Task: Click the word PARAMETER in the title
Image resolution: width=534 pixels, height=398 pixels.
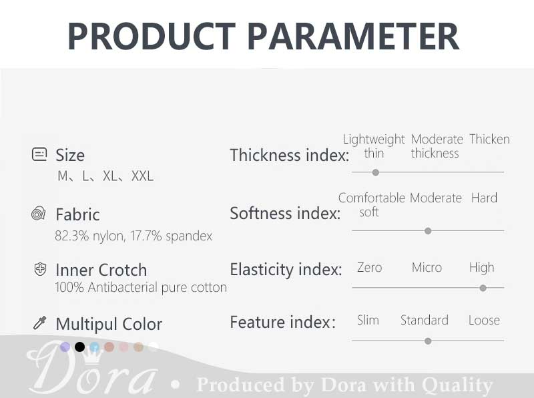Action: click(x=353, y=36)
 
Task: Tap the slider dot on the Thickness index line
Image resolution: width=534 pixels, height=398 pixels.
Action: click(x=376, y=172)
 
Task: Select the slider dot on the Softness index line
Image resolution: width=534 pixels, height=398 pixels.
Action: click(x=428, y=231)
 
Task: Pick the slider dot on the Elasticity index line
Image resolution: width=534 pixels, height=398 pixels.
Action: click(x=483, y=288)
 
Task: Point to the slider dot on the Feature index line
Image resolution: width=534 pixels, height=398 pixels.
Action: click(x=428, y=341)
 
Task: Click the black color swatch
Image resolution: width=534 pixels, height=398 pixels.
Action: click(x=79, y=347)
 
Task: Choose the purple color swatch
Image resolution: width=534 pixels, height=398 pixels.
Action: click(x=65, y=347)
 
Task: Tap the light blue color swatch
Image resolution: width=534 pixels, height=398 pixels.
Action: click(x=94, y=347)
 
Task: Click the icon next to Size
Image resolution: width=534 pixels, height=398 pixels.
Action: click(x=39, y=154)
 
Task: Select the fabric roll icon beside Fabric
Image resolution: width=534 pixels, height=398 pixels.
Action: click(x=39, y=213)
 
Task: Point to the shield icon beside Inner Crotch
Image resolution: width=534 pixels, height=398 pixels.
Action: click(x=41, y=269)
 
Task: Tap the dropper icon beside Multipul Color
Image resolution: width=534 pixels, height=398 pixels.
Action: click(x=39, y=323)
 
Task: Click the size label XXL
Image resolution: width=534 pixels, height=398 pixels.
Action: click(x=142, y=176)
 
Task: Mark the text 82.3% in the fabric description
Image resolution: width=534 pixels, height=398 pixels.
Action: click(x=72, y=236)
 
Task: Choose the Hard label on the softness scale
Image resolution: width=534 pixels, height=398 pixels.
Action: click(x=484, y=198)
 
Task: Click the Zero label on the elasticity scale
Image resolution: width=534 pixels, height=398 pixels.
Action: click(x=370, y=268)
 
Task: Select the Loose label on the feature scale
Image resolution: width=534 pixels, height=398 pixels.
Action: click(x=484, y=321)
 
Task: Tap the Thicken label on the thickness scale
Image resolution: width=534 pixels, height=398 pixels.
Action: click(x=489, y=139)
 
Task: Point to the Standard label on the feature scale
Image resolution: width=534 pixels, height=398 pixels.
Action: click(x=425, y=321)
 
